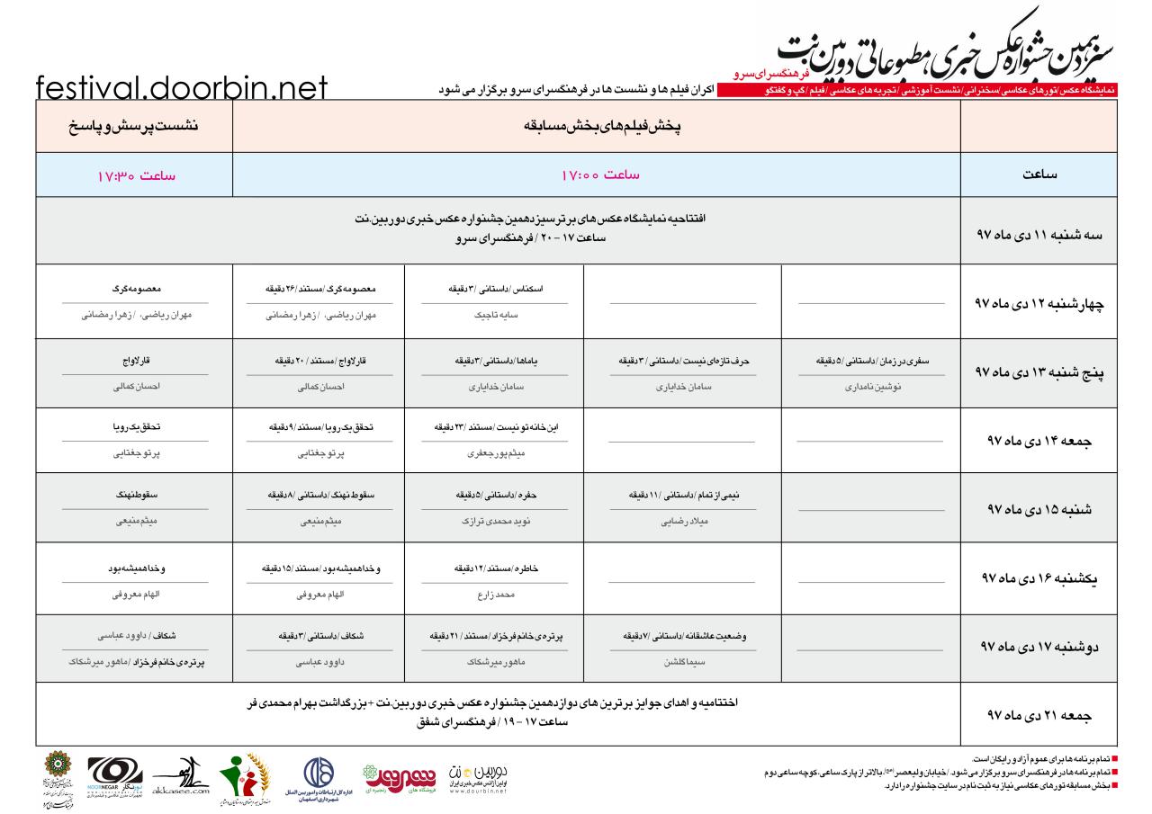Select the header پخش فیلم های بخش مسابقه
tap(596, 127)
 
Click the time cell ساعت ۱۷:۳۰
tap(135, 174)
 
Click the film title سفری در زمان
tap(871, 360)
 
